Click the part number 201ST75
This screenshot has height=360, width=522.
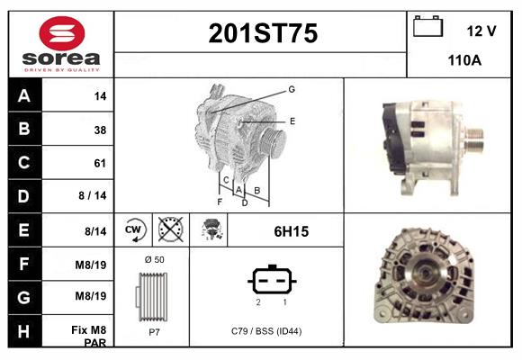tap(263, 33)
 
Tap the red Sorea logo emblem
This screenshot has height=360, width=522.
tap(62, 33)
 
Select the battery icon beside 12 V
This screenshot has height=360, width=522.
tap(427, 27)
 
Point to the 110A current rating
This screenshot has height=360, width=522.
tap(464, 60)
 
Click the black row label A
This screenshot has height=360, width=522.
tap(24, 95)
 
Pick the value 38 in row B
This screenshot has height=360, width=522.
tap(100, 130)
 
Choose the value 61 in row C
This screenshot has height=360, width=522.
tap(100, 163)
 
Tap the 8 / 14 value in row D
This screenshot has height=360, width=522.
tap(93, 195)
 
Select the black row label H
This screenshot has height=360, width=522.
tap(24, 331)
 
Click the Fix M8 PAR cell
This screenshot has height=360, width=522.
tap(89, 336)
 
